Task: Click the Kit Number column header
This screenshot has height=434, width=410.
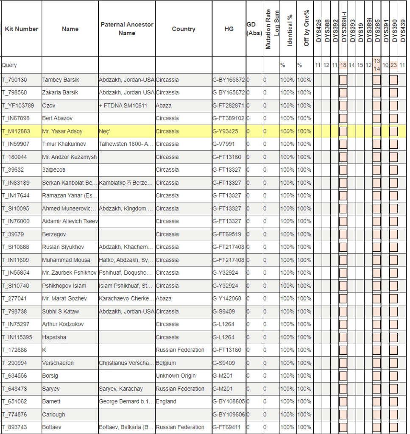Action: tap(21, 29)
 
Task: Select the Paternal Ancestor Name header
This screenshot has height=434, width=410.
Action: tap(127, 29)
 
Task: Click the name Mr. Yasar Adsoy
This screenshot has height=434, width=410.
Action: tap(62, 131)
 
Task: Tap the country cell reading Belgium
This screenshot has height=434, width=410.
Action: tap(166, 363)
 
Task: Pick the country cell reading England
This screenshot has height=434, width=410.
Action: tap(166, 401)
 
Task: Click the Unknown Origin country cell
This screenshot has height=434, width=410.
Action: tap(176, 376)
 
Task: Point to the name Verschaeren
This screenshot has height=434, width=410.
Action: tap(58, 363)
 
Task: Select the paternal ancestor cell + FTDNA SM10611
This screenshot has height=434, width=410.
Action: tap(123, 106)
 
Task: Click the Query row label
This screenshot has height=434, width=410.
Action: tap(9, 65)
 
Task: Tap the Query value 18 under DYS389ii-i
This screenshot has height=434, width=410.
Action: tap(343, 65)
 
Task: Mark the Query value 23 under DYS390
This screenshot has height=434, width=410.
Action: tap(393, 65)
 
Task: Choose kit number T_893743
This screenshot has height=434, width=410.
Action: tap(14, 427)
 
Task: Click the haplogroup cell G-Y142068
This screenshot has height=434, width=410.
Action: tap(227, 298)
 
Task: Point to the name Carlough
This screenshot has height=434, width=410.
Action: tap(53, 415)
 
